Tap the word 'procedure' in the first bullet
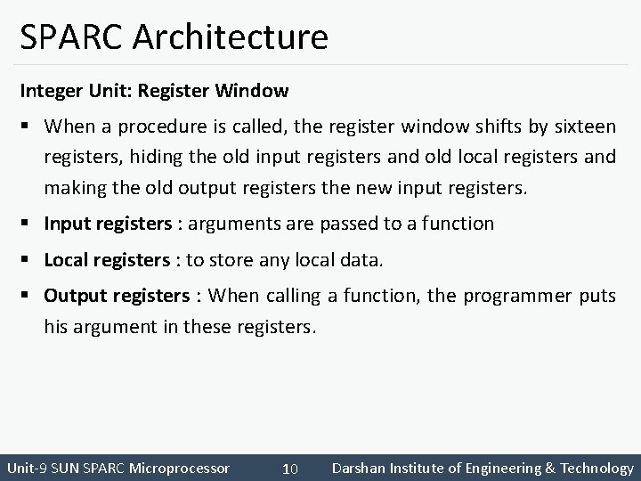click(175, 126)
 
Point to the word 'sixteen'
click(583, 126)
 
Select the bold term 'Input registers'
click(107, 224)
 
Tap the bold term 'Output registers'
click(117, 296)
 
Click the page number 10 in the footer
click(289, 469)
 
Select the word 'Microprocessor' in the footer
click(179, 468)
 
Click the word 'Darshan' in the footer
click(359, 468)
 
